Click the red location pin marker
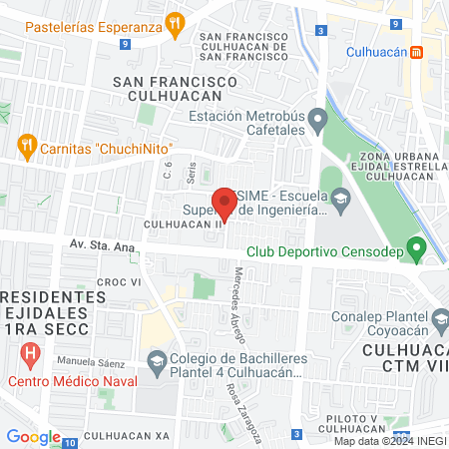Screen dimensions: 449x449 [x=225, y=203]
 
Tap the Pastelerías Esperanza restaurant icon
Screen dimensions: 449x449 [x=176, y=23]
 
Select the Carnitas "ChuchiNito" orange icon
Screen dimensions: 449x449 [x=27, y=149]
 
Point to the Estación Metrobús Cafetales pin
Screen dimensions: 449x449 [x=317, y=123]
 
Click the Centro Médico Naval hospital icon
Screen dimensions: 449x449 [x=30, y=354]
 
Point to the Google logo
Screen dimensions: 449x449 [x=33, y=436]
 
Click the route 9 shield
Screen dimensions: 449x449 [x=123, y=45]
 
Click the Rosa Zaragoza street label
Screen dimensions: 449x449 [x=244, y=410]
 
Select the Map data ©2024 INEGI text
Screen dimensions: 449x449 [x=389, y=440]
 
